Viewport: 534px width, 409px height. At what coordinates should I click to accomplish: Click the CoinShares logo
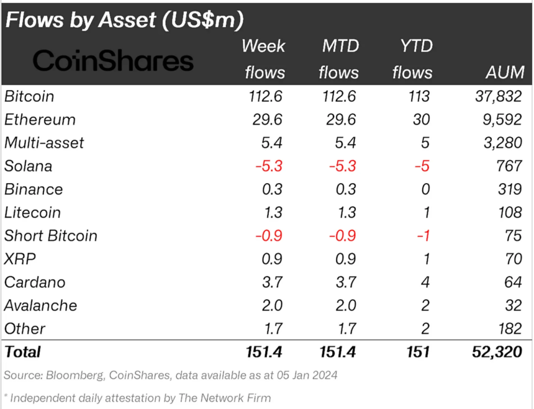113,61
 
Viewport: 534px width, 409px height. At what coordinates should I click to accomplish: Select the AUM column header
504,73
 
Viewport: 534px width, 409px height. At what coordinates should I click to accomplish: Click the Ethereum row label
40,119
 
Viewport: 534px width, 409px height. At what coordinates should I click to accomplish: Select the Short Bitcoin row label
51,236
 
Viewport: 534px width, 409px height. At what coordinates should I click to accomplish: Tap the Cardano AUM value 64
513,282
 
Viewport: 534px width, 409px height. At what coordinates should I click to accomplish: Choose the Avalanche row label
41,305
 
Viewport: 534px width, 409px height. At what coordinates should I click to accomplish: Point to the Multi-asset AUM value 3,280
500,143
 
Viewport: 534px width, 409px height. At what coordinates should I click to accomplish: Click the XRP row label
20,259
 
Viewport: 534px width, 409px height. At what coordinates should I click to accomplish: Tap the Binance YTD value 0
425,189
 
